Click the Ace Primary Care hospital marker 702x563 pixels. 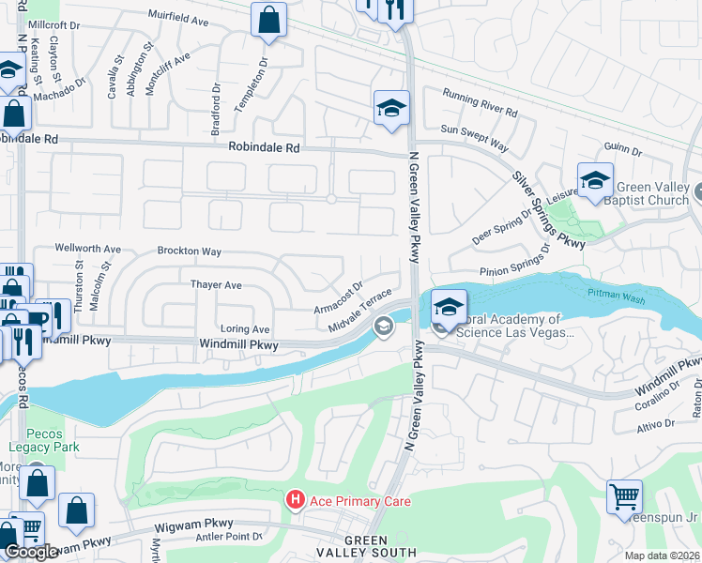coord(296,501)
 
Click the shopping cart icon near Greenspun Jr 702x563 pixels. coord(624,496)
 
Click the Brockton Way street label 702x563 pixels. coord(190,251)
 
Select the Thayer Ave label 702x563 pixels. coord(216,284)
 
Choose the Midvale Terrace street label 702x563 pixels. coord(360,311)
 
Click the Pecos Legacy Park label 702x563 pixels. coord(31,442)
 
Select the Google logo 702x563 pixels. coord(31,552)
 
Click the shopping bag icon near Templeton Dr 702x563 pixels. coord(268,20)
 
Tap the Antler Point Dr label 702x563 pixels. coord(227,537)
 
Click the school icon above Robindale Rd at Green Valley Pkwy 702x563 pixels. coord(391,109)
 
